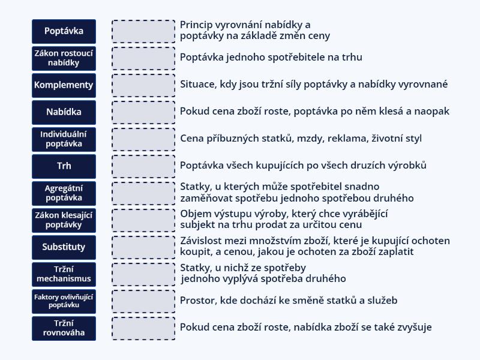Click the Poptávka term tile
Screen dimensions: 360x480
tap(64, 31)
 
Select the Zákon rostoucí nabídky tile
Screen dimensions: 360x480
tap(64, 58)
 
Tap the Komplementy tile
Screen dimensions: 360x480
tap(64, 85)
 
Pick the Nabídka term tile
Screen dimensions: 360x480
tap(64, 112)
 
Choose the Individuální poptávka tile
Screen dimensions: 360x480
tap(64, 139)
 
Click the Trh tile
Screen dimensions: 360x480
tap(64, 166)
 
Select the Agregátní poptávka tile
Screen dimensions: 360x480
tap(64, 193)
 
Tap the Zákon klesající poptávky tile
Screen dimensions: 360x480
tap(64, 220)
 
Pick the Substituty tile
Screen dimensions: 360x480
tap(64, 247)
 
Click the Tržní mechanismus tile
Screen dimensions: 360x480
tap(64, 274)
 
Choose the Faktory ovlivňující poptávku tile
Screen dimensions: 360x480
tap(64, 301)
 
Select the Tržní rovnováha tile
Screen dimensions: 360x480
tap(64, 328)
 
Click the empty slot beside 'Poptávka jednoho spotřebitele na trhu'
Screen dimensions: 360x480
tap(143, 58)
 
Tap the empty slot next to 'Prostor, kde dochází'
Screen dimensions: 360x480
tap(143, 301)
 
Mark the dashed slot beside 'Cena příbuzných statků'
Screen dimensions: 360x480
tap(143, 139)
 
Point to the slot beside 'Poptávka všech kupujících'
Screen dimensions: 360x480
tap(143, 166)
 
